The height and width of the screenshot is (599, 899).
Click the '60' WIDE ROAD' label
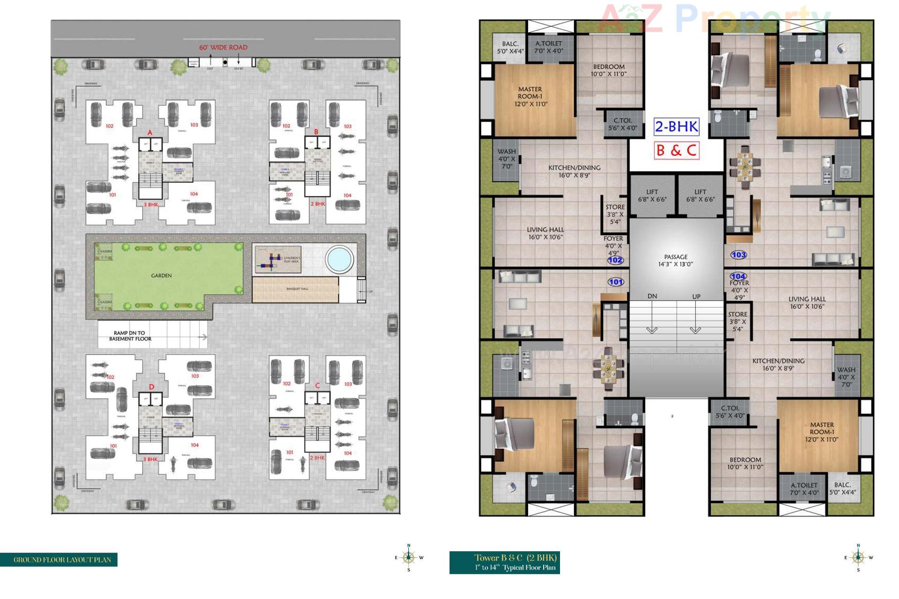tap(223, 47)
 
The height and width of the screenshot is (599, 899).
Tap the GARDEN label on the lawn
tap(161, 276)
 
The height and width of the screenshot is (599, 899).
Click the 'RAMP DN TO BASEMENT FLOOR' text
tap(130, 336)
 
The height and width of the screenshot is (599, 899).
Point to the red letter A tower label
tap(150, 132)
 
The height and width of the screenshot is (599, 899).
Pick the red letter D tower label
tap(151, 387)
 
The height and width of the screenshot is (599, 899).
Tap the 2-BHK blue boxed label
tap(676, 126)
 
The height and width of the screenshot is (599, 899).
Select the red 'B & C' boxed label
tap(676, 150)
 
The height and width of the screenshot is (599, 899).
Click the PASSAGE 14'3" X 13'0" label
tap(676, 260)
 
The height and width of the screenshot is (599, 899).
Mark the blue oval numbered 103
tap(738, 255)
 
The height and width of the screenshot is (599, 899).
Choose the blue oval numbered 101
tap(616, 282)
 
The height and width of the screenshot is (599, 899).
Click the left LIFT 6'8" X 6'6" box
tap(652, 195)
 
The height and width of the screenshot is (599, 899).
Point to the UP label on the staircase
tap(696, 297)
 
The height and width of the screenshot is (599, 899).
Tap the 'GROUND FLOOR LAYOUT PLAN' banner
tap(62, 560)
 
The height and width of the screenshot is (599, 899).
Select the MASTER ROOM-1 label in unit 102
tap(530, 96)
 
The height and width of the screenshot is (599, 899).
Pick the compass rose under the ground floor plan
tap(409, 557)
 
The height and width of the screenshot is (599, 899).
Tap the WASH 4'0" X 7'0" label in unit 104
tap(846, 377)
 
